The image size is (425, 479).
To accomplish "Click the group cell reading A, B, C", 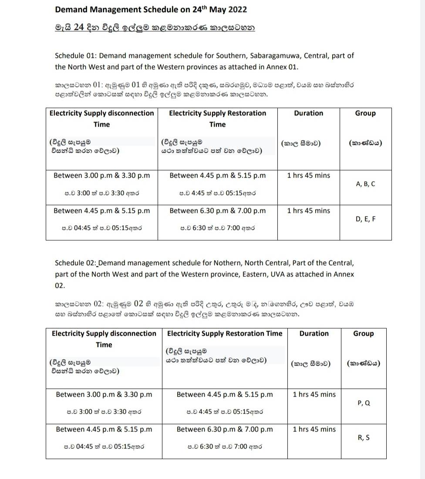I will tap(365, 184).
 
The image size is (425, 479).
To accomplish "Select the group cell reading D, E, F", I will tap(365, 219).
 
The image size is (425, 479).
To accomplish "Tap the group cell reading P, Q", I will tap(364, 403).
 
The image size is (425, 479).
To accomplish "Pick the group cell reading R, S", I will tap(364, 438).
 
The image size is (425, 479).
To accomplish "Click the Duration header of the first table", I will tap(308, 113).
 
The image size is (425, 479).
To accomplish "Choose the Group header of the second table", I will tap(363, 334).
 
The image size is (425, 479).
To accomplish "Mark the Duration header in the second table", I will tap(314, 334).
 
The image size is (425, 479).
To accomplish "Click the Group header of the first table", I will tap(365, 113).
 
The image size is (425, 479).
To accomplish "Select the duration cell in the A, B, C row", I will tap(308, 176).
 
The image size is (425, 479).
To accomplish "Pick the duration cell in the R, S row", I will tap(314, 429).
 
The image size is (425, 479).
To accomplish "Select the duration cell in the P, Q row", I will tap(314, 395).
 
